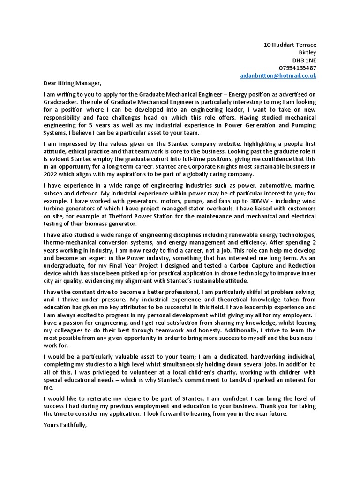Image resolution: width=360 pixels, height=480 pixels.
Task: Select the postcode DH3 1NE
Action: click(304, 60)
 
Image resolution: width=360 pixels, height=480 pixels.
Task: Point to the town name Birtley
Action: click(307, 52)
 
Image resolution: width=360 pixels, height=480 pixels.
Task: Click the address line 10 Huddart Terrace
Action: click(290, 45)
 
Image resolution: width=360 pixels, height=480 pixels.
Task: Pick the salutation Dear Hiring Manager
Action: click(72, 83)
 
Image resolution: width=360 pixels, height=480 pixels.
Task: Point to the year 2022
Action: click(51, 174)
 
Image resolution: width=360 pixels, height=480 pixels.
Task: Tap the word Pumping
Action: click(303, 125)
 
